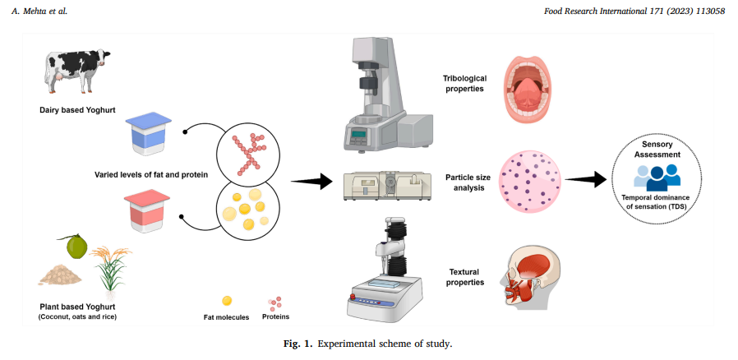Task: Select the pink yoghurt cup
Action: point(147,210)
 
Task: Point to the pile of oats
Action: point(60,275)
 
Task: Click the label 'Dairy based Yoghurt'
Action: point(78,109)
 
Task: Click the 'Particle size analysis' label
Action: point(467,182)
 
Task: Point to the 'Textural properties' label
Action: point(467,276)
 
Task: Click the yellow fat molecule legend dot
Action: point(227,301)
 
